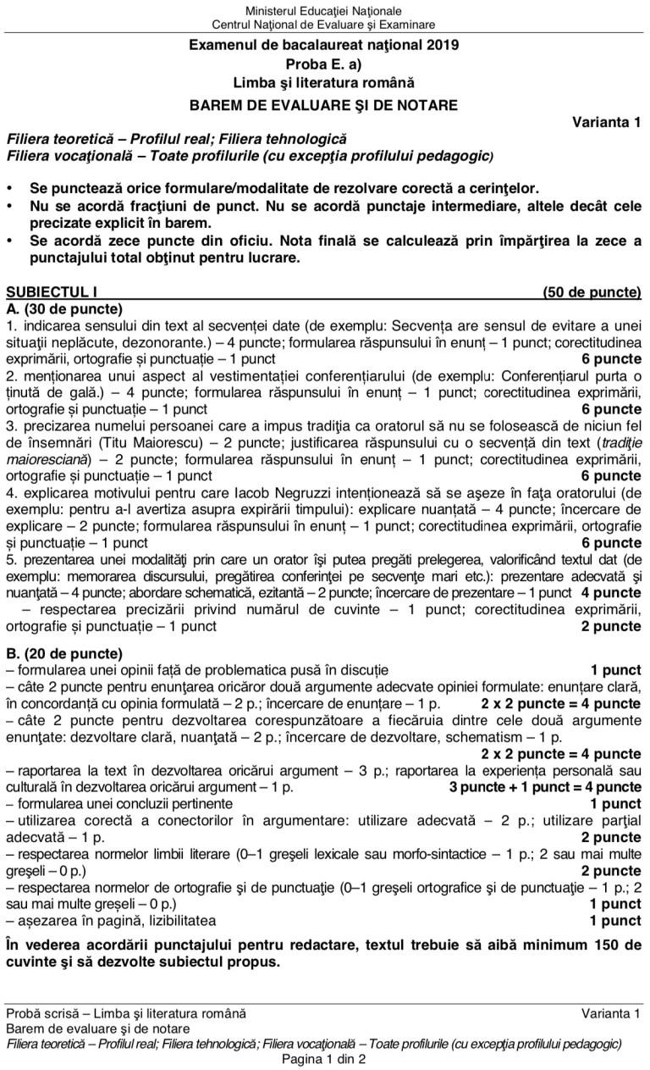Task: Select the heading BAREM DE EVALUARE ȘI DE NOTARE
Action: click(x=324, y=105)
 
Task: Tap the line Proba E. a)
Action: click(x=324, y=64)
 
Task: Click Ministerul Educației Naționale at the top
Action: click(x=324, y=11)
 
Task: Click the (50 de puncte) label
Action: click(x=592, y=292)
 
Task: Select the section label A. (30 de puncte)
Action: click(x=64, y=308)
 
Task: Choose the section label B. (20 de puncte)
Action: click(x=64, y=654)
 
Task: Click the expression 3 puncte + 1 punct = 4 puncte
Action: click(x=545, y=786)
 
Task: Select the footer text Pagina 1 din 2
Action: click(x=324, y=1059)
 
